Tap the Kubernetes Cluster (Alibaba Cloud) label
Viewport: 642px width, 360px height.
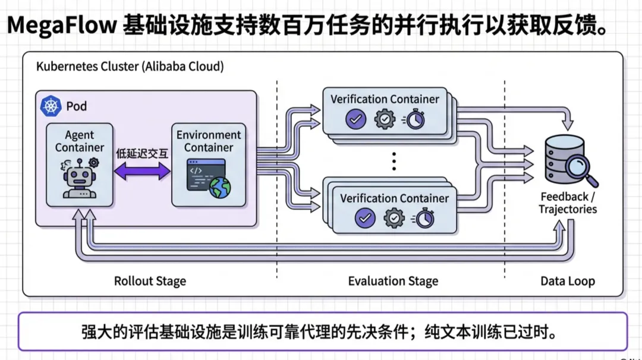(x=130, y=67)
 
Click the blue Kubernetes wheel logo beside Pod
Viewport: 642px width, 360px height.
(x=51, y=106)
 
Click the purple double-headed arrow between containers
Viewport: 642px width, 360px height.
(x=142, y=172)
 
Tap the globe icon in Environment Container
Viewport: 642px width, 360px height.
(x=220, y=188)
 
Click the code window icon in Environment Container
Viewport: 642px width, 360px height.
(x=199, y=174)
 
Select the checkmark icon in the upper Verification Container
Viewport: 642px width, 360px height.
(x=356, y=119)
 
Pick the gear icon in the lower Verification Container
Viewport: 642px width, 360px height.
(x=394, y=218)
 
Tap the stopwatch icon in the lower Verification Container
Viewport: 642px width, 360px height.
(x=424, y=219)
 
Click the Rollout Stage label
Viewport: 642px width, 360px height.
(x=150, y=281)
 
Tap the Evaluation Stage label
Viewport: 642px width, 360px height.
(x=393, y=281)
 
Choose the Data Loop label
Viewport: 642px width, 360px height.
(x=568, y=281)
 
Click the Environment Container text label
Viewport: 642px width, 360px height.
(x=209, y=141)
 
